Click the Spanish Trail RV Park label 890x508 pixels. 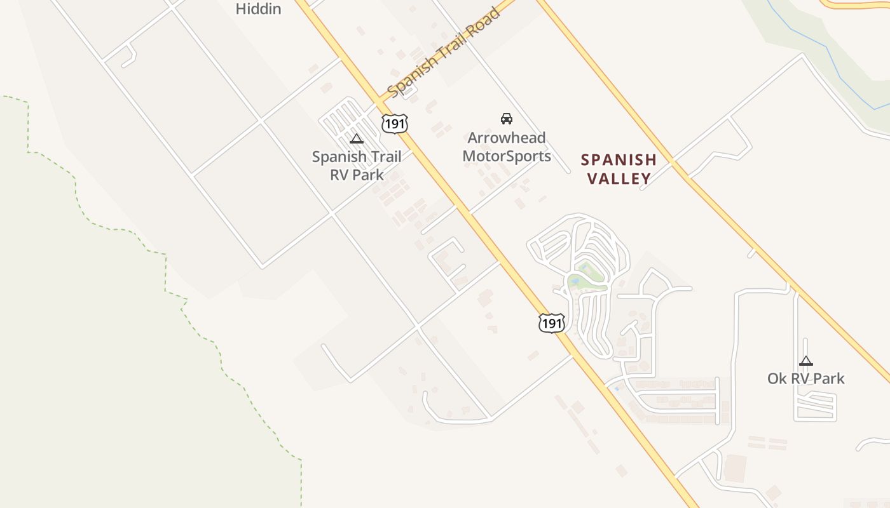(x=356, y=165)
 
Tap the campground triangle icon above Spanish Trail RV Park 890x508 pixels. (x=357, y=138)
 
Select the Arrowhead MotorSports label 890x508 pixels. (x=507, y=147)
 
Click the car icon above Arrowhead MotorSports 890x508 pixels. (x=507, y=118)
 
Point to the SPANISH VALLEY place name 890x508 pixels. (x=619, y=169)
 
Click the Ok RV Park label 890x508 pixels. (x=806, y=378)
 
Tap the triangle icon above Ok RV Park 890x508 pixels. (x=806, y=361)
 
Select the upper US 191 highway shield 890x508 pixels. (x=395, y=123)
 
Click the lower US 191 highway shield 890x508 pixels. (x=551, y=323)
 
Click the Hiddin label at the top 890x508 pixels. (x=258, y=9)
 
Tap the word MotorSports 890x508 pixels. (x=507, y=156)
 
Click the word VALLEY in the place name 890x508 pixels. (x=619, y=178)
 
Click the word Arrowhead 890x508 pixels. (x=507, y=138)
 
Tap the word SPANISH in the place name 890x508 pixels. (x=619, y=159)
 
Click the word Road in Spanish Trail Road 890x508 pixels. (x=482, y=26)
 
